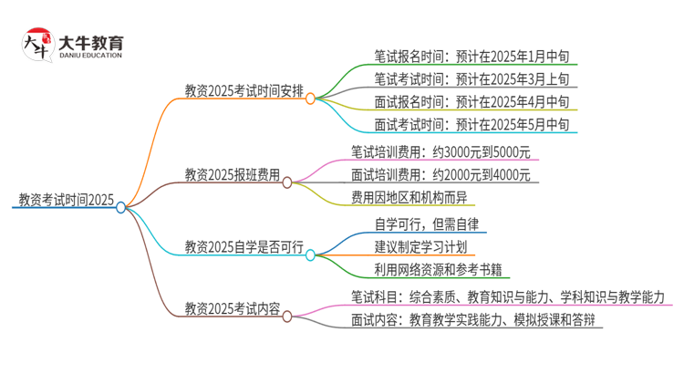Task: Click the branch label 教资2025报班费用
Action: [232, 174]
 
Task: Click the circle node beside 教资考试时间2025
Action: [120, 208]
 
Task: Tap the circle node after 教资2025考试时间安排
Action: [310, 98]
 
